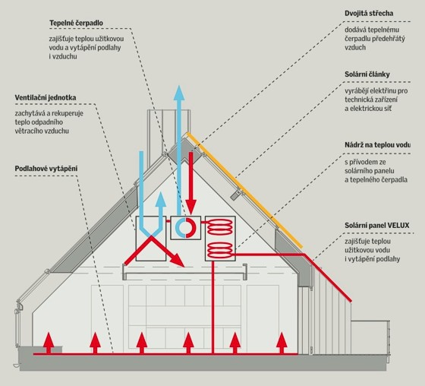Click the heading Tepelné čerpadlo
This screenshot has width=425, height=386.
76,23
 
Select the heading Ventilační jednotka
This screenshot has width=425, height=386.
46,98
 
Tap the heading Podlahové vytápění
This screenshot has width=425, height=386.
46,169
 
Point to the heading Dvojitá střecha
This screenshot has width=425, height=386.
369,14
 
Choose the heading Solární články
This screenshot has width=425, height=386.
367,74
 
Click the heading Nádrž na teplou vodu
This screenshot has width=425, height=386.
378,144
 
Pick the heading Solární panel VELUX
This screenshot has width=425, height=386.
377,226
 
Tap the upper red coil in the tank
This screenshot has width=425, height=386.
220,227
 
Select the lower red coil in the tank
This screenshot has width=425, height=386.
220,250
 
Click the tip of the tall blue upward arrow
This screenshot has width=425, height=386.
179,86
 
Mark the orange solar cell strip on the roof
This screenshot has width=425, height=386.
244,190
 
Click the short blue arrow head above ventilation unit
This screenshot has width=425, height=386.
161,199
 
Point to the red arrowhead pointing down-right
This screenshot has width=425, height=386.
178,261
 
